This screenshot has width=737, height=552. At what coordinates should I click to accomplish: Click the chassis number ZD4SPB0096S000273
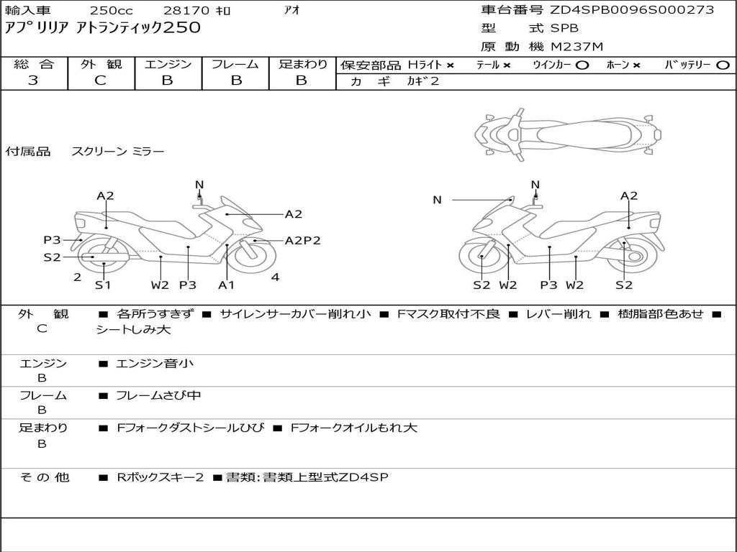(x=632, y=10)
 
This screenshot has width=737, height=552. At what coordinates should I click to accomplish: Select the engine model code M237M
(x=577, y=47)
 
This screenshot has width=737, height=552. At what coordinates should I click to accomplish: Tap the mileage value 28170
(x=186, y=10)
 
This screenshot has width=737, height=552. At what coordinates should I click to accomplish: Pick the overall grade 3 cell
(x=33, y=80)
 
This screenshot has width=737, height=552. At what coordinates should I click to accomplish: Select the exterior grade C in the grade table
(x=101, y=80)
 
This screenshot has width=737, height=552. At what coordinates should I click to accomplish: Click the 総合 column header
(x=33, y=64)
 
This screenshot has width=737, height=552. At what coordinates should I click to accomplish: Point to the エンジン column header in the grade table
(x=168, y=64)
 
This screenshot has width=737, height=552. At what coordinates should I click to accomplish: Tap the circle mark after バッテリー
(x=723, y=65)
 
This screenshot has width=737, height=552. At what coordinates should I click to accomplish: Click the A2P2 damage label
(x=302, y=241)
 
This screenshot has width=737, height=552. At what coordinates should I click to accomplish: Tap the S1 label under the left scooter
(x=103, y=285)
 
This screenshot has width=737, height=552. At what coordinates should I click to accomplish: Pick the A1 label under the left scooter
(x=227, y=285)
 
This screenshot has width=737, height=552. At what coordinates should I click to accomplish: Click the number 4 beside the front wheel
(x=275, y=277)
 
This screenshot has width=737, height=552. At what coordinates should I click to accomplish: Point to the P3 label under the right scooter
(x=549, y=285)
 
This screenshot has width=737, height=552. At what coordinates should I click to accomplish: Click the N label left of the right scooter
(x=437, y=200)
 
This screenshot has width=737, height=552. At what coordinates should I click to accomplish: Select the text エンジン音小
(x=155, y=364)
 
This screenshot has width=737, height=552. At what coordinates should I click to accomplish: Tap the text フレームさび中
(x=158, y=395)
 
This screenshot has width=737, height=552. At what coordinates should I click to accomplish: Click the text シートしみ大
(x=134, y=330)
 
